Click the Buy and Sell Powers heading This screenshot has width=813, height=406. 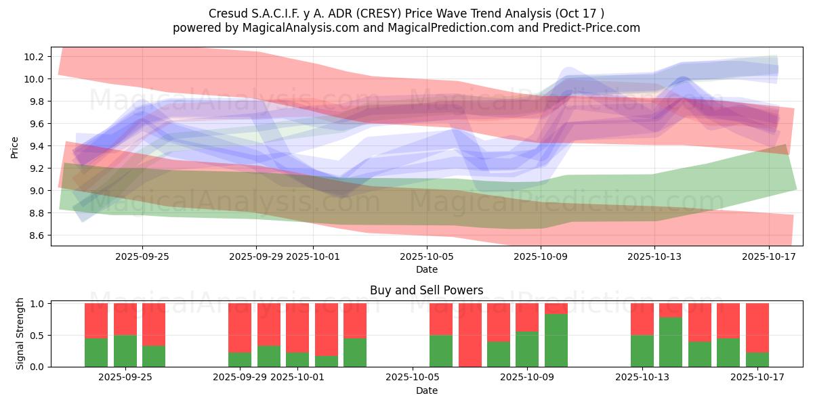click(x=426, y=290)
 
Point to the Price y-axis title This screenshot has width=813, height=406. click(x=15, y=146)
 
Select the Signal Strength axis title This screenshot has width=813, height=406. click(x=20, y=334)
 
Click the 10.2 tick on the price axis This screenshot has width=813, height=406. click(x=35, y=57)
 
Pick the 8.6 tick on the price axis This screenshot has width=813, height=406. click(x=35, y=235)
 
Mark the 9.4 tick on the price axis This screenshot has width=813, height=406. click(x=35, y=146)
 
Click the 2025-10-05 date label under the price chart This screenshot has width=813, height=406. click(x=426, y=256)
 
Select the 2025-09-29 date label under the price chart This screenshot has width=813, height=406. click(x=256, y=256)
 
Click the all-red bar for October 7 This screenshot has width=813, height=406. click(x=470, y=335)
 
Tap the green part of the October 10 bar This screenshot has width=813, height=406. click(x=556, y=340)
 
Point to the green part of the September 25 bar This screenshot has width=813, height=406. click(x=125, y=351)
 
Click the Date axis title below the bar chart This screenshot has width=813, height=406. click(x=426, y=390)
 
